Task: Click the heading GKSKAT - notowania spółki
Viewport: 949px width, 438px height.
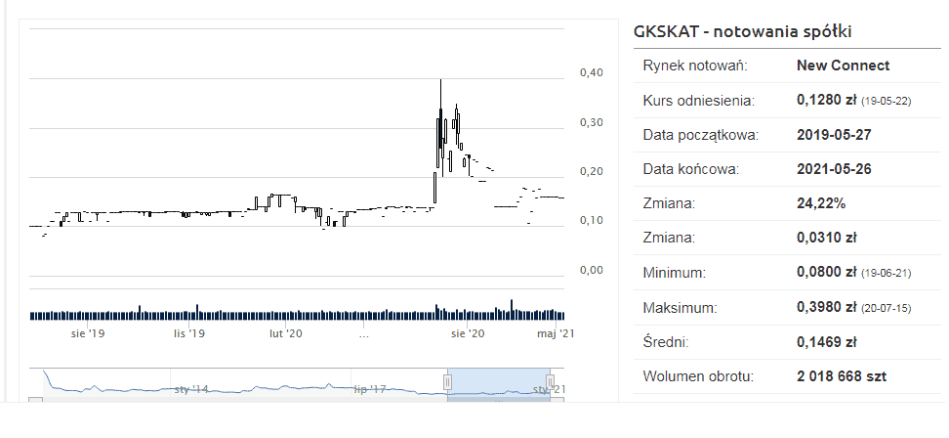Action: (743, 31)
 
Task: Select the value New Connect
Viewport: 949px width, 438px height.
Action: (843, 66)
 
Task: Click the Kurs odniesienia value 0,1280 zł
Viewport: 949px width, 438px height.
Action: (827, 101)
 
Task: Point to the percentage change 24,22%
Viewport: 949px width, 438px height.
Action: (823, 204)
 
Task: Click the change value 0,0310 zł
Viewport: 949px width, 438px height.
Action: (827, 239)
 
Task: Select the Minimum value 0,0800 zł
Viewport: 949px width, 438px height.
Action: (827, 273)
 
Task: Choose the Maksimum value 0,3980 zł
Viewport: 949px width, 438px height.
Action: (827, 308)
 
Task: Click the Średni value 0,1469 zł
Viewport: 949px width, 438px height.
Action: (827, 342)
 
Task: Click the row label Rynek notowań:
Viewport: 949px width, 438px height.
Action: (694, 66)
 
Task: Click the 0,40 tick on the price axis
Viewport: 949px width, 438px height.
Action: (592, 72)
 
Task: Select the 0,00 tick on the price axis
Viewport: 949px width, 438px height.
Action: (592, 270)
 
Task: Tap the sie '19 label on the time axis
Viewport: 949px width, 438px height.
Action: (88, 333)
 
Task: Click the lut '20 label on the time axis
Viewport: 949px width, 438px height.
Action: (286, 333)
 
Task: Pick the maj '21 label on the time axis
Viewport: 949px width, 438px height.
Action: (553, 333)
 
